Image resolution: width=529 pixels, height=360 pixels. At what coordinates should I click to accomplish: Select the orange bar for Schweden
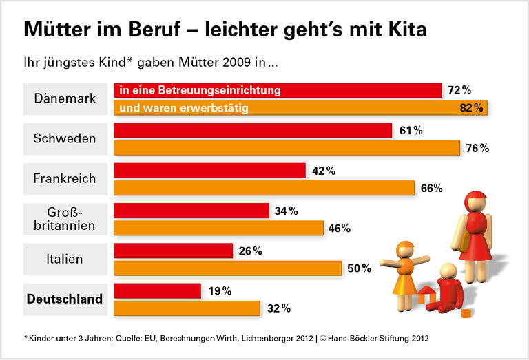coord(287,148)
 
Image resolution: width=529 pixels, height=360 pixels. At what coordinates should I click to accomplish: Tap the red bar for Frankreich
coord(209,171)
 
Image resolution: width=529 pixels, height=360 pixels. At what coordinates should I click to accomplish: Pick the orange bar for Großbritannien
coord(218,228)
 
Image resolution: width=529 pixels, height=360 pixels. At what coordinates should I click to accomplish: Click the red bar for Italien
coord(173,251)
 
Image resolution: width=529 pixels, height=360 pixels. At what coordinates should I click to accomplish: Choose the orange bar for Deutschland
coord(187,308)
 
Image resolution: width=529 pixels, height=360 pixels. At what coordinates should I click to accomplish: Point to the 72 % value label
coord(459,90)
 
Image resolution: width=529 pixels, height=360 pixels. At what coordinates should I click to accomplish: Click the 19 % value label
coord(219,290)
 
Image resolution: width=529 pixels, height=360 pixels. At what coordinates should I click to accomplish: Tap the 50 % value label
coord(358,268)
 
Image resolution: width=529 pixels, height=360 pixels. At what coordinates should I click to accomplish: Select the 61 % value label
coord(411,130)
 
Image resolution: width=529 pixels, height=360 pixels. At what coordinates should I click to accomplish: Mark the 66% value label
coord(431,188)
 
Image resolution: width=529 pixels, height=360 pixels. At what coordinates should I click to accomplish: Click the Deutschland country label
coord(65,299)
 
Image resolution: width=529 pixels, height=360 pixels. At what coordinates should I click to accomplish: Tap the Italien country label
coord(65,259)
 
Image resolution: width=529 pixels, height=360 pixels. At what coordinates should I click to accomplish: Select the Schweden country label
coord(65,139)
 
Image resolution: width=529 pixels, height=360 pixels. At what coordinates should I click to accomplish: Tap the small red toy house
coord(427,294)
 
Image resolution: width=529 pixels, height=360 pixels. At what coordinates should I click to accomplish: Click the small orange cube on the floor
coord(466,314)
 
